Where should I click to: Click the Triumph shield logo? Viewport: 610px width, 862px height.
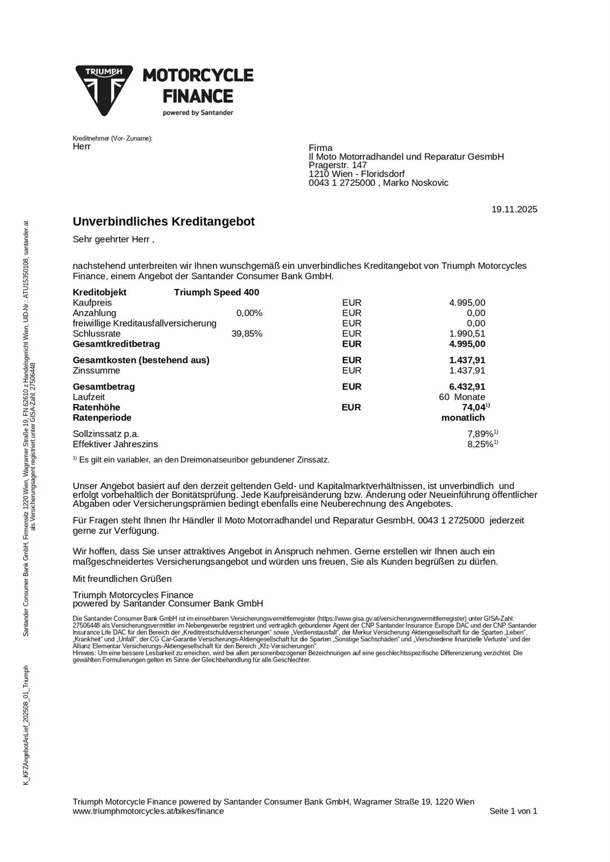click(x=104, y=90)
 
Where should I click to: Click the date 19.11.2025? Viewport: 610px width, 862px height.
click(x=514, y=209)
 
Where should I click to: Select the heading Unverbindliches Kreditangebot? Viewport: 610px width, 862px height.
click(x=163, y=222)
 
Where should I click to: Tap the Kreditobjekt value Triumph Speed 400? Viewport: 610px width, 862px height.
click(x=216, y=292)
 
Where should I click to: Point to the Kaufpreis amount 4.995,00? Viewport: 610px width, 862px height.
click(x=467, y=303)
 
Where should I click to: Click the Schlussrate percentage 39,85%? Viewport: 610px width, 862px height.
click(x=247, y=334)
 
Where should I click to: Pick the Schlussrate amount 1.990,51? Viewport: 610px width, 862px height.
click(x=467, y=334)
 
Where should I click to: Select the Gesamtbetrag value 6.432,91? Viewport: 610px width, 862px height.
click(x=467, y=387)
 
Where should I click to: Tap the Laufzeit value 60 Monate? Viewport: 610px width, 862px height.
click(x=462, y=397)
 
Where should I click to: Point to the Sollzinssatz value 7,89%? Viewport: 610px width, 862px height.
click(x=480, y=434)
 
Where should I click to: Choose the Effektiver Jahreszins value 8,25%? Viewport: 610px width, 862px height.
click(x=480, y=444)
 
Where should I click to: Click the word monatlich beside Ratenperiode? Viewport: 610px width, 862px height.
click(x=463, y=418)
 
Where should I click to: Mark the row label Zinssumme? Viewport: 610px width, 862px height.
click(x=96, y=370)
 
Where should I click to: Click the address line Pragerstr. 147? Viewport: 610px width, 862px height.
click(x=338, y=166)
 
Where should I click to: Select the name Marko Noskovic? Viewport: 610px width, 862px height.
click(x=416, y=183)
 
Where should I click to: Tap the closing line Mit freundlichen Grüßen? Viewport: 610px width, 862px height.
click(x=122, y=579)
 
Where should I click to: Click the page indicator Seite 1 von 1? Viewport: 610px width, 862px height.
click(x=513, y=811)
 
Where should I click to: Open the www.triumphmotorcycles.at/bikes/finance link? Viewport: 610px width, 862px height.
click(x=148, y=811)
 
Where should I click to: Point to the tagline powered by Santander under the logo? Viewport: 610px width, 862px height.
click(x=198, y=113)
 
